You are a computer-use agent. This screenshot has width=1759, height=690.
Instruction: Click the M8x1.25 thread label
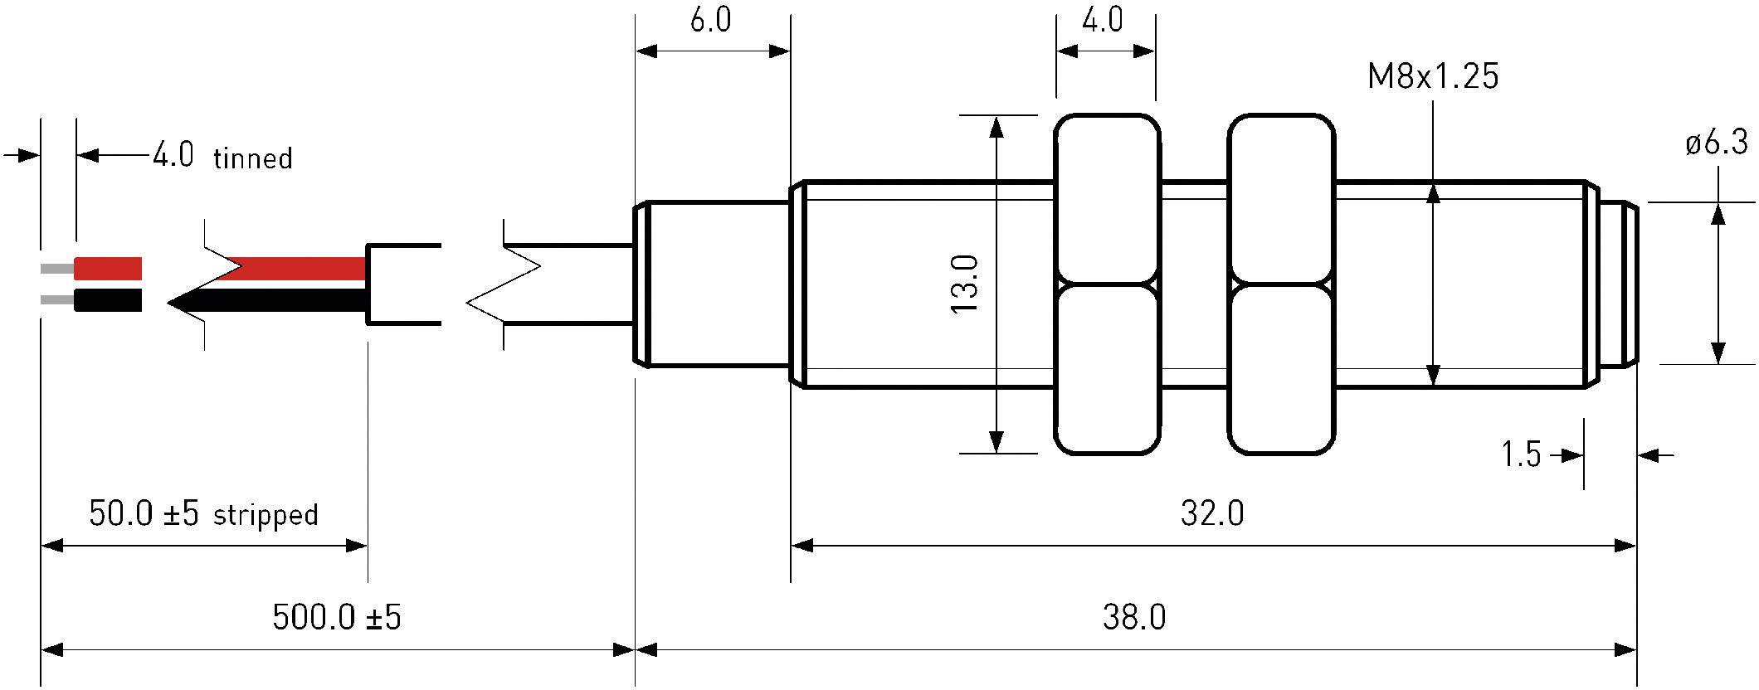[1433, 76]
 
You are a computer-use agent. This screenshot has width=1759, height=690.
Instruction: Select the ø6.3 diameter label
[1716, 143]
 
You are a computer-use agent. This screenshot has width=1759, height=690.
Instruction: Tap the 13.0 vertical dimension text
[965, 284]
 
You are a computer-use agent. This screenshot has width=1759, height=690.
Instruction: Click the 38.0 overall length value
[1134, 617]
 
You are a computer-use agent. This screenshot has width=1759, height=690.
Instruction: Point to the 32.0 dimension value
[1212, 514]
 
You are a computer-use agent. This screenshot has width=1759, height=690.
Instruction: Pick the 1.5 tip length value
[1521, 454]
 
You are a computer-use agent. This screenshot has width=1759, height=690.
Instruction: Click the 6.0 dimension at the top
[711, 20]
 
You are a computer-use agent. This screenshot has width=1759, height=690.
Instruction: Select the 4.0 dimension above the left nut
[1103, 20]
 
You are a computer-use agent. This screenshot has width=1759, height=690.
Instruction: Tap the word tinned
[253, 158]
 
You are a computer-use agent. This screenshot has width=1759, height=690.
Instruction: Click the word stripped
[266, 515]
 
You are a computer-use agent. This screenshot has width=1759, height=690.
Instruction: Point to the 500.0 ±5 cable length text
[336, 617]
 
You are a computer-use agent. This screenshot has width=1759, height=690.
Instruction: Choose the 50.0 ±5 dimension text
[144, 514]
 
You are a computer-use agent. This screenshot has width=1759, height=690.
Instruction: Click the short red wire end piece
[108, 269]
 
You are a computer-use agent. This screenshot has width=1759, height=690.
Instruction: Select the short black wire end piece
[108, 299]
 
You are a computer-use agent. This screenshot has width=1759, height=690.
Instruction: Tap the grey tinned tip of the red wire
[56, 269]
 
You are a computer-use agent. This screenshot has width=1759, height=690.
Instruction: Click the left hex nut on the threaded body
[1106, 284]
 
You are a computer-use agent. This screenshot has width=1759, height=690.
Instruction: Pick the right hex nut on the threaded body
[1280, 284]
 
